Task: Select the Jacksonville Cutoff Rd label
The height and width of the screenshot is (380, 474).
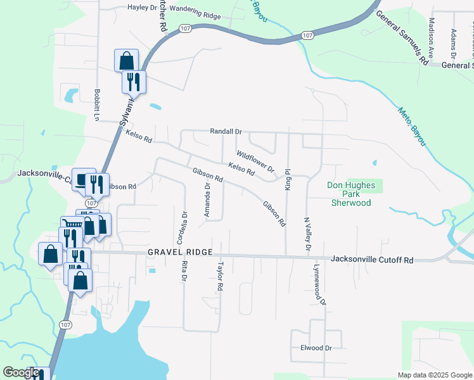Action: click(372, 260)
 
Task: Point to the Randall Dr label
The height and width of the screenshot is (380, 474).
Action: click(227, 132)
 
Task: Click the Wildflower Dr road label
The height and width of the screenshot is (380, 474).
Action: click(255, 161)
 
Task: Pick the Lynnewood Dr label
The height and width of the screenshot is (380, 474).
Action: click(318, 285)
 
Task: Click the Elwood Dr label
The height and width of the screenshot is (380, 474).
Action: click(316, 348)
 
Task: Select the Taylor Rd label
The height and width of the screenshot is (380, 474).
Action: click(221, 277)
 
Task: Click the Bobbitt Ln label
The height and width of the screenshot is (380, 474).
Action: click(97, 104)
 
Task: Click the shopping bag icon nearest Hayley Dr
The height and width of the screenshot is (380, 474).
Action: click(127, 61)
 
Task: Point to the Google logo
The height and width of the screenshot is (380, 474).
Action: click(21, 373)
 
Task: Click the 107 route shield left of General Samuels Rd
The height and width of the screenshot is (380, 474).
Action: click(307, 35)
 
